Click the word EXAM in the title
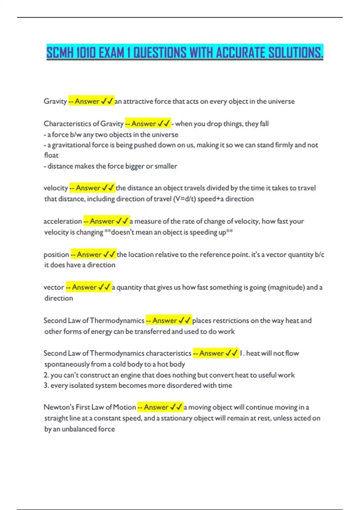(111, 53)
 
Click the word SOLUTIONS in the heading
(295, 53)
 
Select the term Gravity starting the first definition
(55, 101)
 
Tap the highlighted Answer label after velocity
(88, 188)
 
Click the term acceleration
(62, 221)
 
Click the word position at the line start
(56, 255)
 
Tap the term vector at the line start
(54, 287)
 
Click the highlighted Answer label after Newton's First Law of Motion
(156, 407)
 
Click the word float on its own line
(51, 155)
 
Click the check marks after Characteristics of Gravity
(164, 124)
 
